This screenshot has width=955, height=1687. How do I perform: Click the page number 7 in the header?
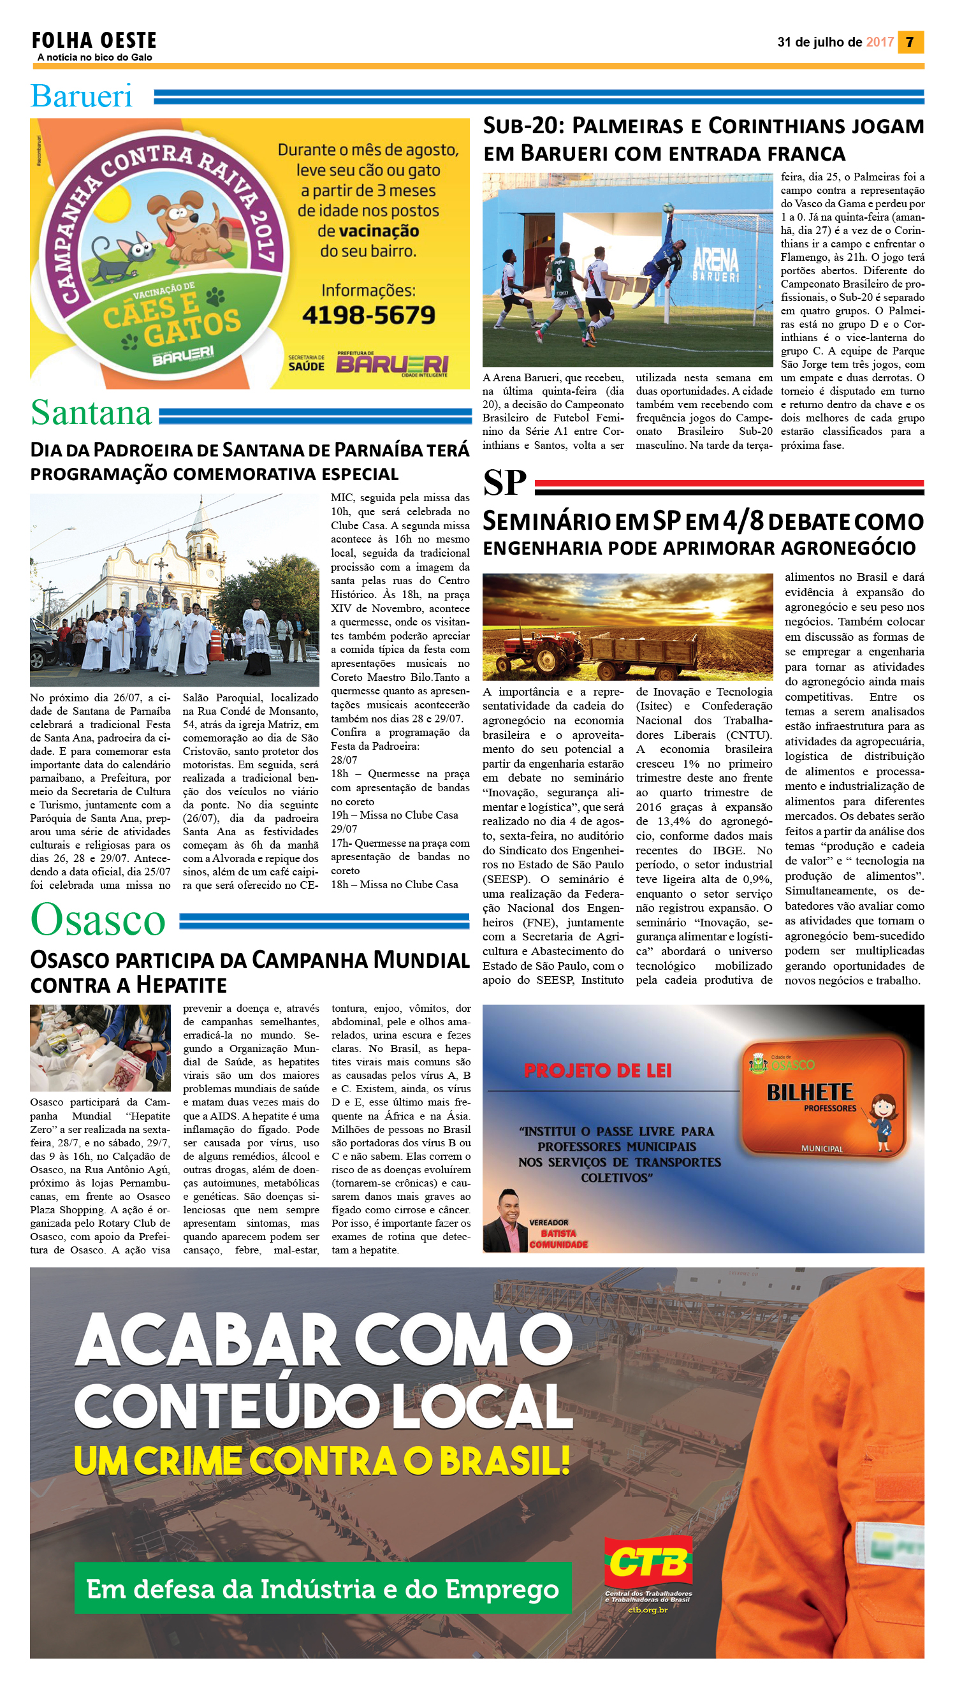[x=910, y=42]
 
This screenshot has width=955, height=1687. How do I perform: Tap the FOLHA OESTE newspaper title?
[x=94, y=41]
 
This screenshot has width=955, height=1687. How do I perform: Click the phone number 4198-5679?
[x=368, y=316]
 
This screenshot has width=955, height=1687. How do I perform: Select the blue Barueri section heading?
[x=82, y=96]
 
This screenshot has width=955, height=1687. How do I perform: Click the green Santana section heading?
[x=91, y=413]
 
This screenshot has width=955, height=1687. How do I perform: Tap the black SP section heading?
[x=504, y=483]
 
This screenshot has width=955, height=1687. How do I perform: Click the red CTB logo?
[x=648, y=1564]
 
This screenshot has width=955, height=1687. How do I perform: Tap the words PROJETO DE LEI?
[x=597, y=1071]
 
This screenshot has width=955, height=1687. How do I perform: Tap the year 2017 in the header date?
[x=880, y=42]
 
